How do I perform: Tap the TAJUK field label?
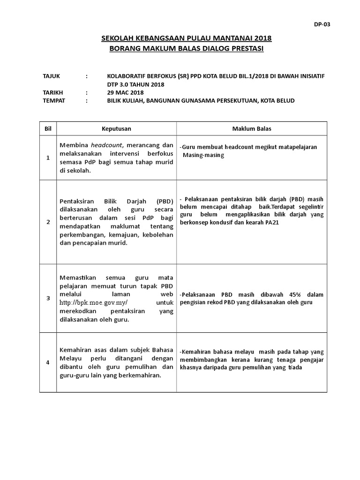51,76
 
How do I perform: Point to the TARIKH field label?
52,93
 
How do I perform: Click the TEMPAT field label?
53,101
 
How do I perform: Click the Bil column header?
47,128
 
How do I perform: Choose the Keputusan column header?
116,128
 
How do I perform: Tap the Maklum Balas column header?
252,128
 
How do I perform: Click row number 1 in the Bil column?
47,158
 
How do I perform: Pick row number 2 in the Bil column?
47,222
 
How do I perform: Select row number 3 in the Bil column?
47,298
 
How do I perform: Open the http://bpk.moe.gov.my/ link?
94,303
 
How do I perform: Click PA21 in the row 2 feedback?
271,223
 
